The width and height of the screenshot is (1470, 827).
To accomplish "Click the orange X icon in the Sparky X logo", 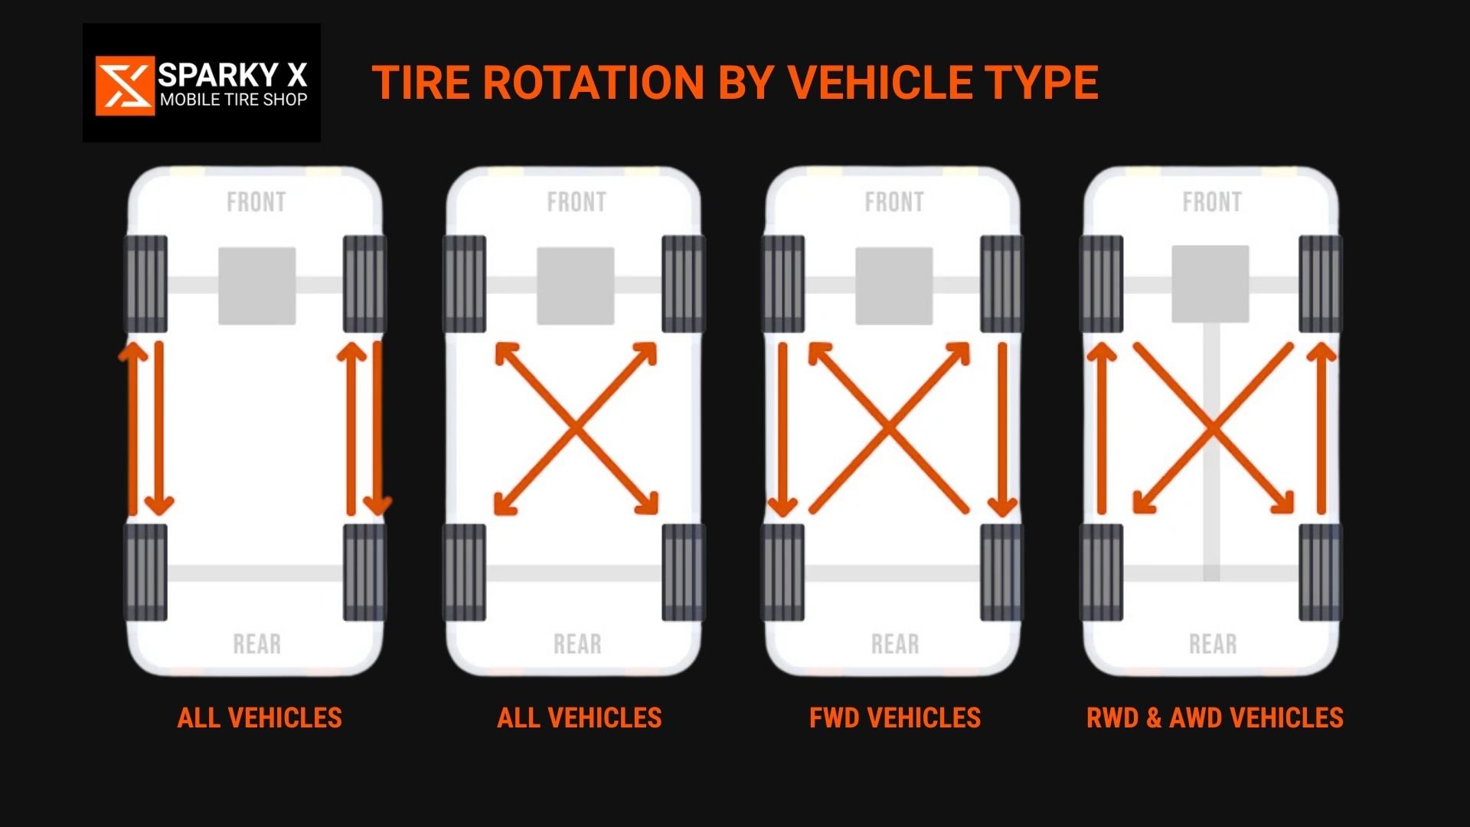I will [124, 85].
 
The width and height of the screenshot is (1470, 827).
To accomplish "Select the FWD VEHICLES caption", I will [894, 717].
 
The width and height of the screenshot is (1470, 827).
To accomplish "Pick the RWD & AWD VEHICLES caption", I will [1214, 717].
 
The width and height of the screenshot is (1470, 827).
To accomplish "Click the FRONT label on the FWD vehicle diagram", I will [894, 202].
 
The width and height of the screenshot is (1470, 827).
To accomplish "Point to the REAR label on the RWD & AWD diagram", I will [1213, 644].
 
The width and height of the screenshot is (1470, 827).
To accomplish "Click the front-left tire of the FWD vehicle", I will [783, 284].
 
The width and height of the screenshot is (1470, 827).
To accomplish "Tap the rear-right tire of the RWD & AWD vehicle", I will [1321, 572].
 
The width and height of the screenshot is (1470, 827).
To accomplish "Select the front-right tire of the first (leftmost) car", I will [364, 284].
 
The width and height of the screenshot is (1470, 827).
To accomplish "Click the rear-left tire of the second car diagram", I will [464, 572].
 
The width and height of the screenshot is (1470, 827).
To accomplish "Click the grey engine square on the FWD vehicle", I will [894, 286].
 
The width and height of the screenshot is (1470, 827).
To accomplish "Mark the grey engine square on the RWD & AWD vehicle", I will [1210, 284].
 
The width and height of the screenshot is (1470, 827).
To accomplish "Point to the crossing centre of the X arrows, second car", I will [576, 429].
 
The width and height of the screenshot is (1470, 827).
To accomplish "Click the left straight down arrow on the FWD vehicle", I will [782, 429].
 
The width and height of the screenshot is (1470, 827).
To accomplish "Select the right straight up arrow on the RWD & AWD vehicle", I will [1321, 429].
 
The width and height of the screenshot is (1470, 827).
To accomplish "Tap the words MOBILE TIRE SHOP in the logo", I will [234, 100].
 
